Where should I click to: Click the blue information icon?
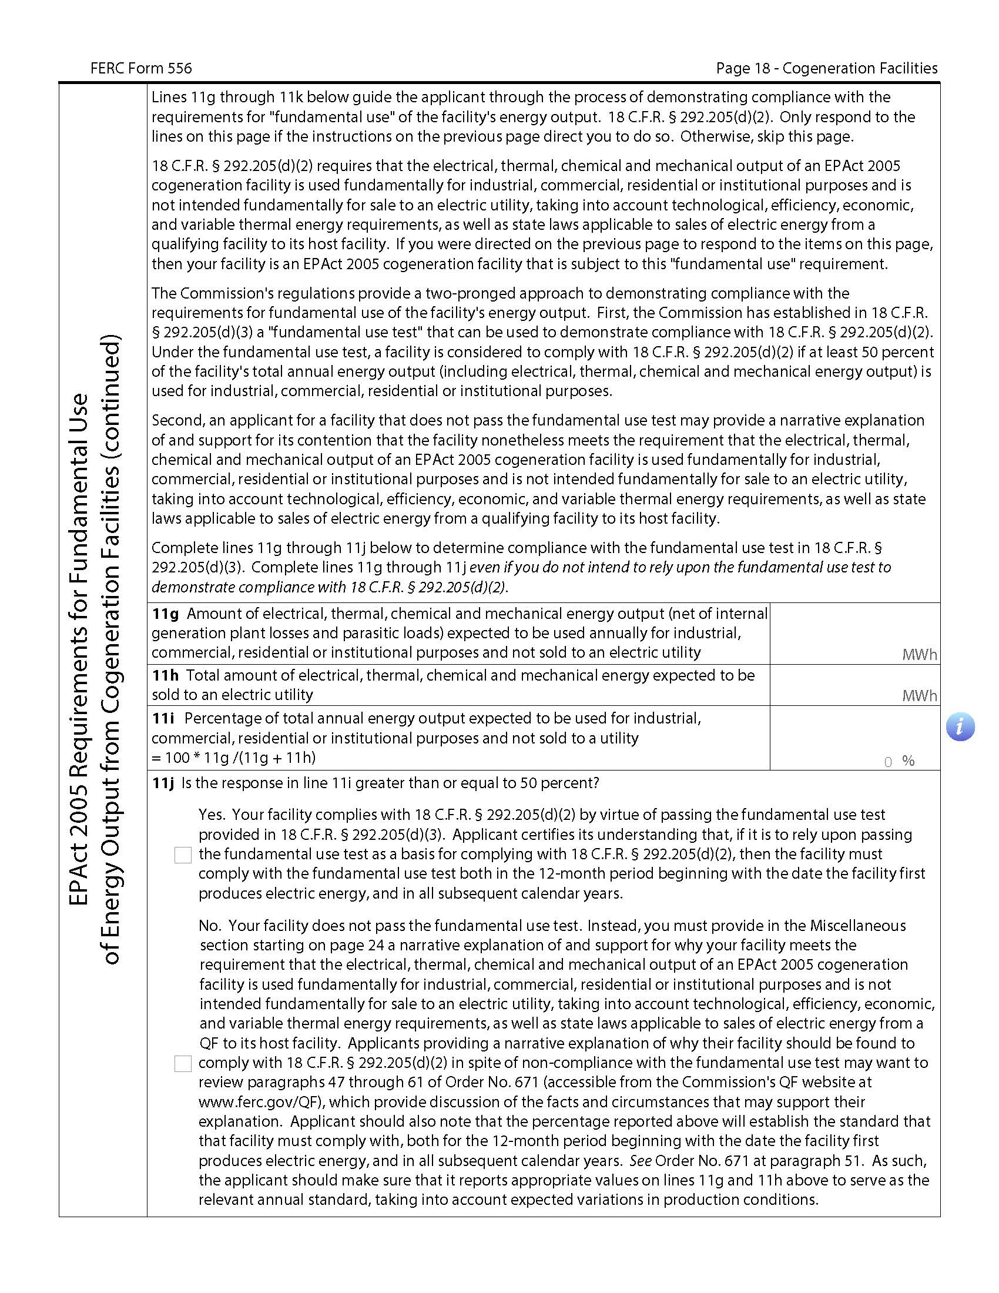(960, 727)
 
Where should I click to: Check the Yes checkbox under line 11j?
(183, 855)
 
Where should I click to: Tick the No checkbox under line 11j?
(183, 1064)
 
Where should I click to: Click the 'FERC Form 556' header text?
(141, 69)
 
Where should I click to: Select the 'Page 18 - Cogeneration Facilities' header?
(826, 69)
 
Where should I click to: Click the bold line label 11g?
(165, 614)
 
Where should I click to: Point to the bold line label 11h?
(165, 675)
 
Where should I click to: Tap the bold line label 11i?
(163, 719)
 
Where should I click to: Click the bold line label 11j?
(163, 783)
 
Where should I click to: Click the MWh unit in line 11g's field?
(919, 655)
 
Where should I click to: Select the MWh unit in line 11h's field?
(919, 696)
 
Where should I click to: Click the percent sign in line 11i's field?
(909, 761)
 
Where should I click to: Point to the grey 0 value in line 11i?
(888, 762)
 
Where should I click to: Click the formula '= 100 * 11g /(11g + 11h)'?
(234, 758)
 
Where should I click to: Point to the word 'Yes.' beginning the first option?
(212, 815)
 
